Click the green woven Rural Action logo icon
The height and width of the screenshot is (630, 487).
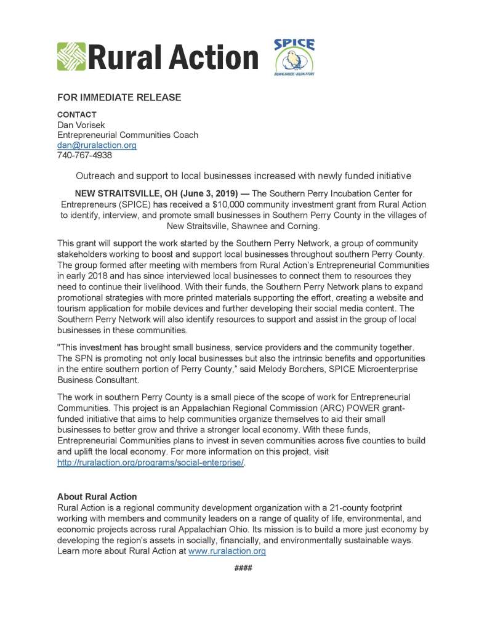click(x=71, y=57)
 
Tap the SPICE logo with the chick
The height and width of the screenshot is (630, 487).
click(x=294, y=57)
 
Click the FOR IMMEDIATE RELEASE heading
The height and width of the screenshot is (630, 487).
click(x=119, y=97)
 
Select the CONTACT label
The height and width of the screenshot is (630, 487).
click(x=76, y=115)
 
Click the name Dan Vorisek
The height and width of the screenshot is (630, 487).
click(x=82, y=125)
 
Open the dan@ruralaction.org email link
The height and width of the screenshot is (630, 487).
click(x=97, y=145)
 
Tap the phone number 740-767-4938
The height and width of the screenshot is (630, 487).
click(x=84, y=155)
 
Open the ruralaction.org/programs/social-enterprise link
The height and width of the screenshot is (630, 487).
click(x=151, y=462)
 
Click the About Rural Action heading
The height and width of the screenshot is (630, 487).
click(x=97, y=496)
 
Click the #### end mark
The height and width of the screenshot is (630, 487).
click(x=243, y=567)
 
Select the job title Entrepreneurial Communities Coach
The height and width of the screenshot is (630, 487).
click(x=127, y=135)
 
